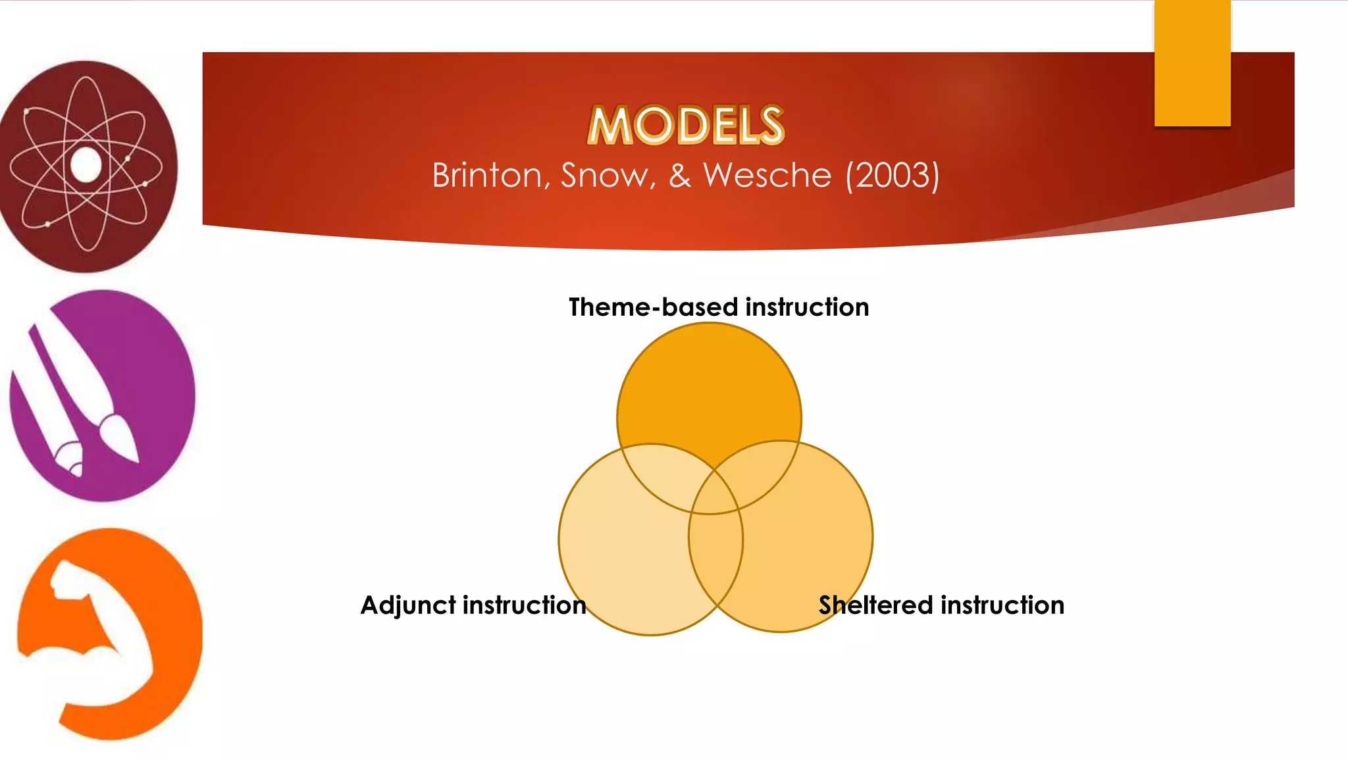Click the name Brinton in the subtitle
pyautogui.click(x=487, y=176)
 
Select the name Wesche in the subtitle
pyautogui.click(x=767, y=176)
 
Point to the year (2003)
pyautogui.click(x=892, y=176)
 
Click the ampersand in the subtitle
pyautogui.click(x=680, y=176)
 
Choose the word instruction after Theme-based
pyautogui.click(x=807, y=307)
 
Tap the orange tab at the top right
pyautogui.click(x=1192, y=63)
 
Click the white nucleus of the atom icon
pyautogui.click(x=86, y=164)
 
